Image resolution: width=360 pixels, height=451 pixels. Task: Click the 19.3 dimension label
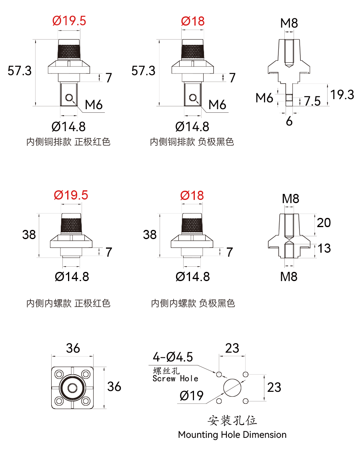342,95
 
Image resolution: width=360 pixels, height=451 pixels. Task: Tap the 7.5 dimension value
312,101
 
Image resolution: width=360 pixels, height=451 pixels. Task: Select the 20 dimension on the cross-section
324,223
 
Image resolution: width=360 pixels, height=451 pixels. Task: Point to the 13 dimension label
324,248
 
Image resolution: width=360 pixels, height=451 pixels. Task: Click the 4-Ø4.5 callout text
173,357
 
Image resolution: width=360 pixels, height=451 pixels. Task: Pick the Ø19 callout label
191,396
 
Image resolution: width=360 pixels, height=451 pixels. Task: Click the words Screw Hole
175,379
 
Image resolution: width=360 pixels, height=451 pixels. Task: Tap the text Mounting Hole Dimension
232,435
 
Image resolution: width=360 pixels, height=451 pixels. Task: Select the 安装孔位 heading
232,420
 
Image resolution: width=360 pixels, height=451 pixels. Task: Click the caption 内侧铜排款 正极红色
68,142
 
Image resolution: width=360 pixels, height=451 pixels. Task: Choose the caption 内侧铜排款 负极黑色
192,142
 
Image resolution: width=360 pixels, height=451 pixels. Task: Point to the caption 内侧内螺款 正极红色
68,303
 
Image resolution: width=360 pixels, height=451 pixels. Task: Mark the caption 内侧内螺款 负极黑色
193,303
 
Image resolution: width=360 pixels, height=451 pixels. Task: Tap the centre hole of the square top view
72,388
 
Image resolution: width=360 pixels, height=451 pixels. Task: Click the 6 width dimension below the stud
289,122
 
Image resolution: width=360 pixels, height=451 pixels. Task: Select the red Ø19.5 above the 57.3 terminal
69,21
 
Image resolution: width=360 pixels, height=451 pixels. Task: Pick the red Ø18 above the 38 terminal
192,196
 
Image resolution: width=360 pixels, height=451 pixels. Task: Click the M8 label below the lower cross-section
289,277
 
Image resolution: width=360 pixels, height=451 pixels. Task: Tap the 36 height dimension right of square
114,387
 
